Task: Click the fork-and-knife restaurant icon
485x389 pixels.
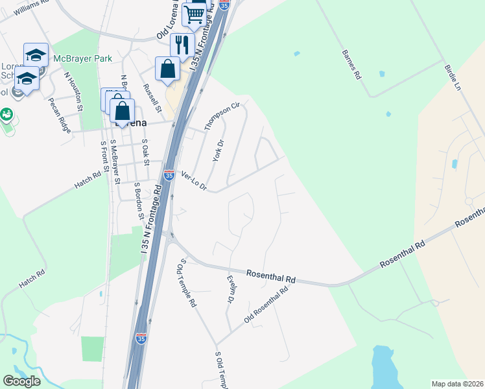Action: tap(182, 44)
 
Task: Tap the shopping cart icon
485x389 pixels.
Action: tap(194, 14)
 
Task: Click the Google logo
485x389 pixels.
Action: tap(21, 381)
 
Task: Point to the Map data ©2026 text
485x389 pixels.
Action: tap(457, 384)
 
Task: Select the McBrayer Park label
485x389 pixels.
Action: tap(82, 58)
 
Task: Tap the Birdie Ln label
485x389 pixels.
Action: tap(452, 77)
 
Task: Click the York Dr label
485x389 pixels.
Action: tap(218, 151)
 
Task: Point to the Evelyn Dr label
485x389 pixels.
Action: tap(230, 289)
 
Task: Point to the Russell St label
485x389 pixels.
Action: tap(150, 97)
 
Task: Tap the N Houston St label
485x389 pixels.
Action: tap(72, 91)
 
